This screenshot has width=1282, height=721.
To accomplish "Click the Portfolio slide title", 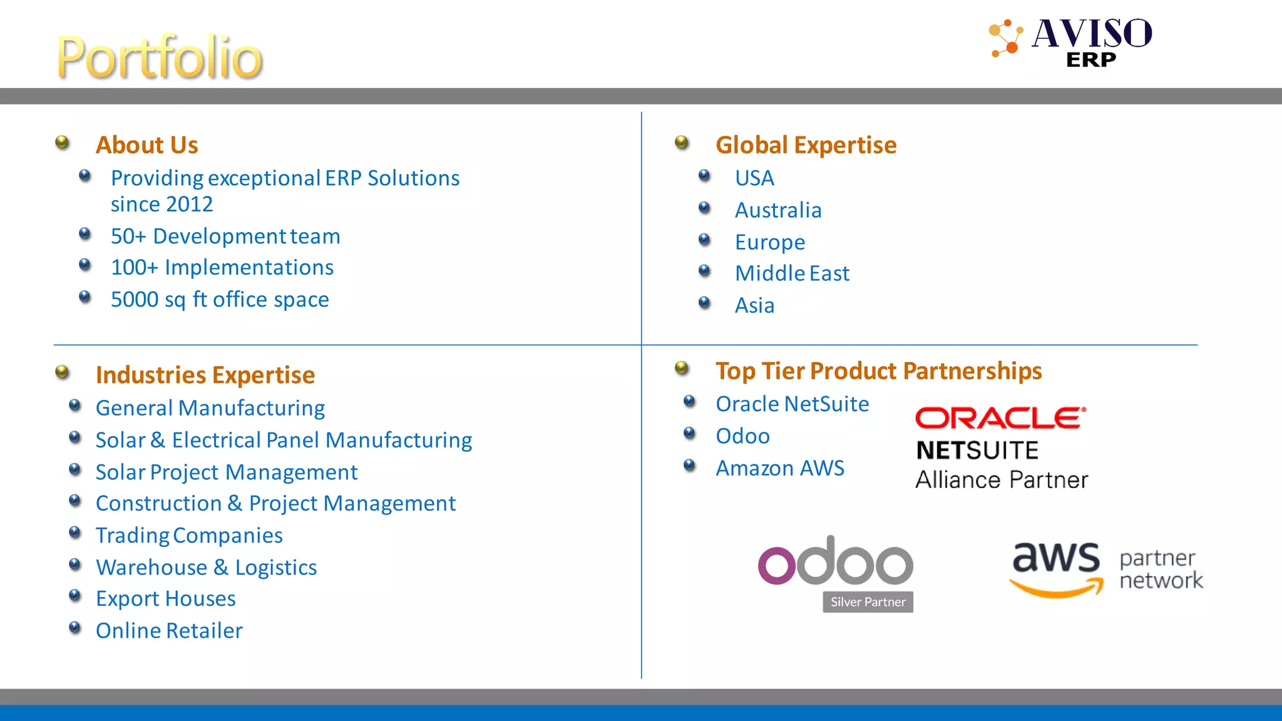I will pos(160,58).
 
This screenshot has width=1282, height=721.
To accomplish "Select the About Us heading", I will pos(146,145).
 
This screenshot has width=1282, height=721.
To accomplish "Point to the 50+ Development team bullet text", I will pos(225,237).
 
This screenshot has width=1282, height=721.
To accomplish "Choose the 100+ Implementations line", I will pos(222,268).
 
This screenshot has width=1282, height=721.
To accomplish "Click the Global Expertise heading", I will pos(806,145).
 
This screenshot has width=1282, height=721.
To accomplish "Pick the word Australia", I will pos(778,210).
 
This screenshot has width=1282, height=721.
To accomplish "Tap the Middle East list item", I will pos(792,274).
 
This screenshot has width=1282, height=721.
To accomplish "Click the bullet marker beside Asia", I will pos(704,304).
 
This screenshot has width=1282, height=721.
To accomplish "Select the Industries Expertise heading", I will pos(205,376).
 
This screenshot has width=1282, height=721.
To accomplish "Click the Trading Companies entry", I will pos(189,536).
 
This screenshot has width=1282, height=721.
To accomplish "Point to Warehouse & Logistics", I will pos(206,568).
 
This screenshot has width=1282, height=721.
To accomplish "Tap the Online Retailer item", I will pos(169,631).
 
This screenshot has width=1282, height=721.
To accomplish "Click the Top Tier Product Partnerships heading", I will pos(878,371).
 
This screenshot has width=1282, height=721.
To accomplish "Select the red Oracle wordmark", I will pos(1000,418).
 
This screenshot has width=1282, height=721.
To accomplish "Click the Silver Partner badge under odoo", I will pos(868,602).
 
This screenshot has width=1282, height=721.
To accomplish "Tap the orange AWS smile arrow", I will pos(1057,588).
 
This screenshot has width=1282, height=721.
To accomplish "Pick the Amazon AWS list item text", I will pos(780,468).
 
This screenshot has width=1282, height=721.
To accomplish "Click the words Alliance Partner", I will pos(1002,480).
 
